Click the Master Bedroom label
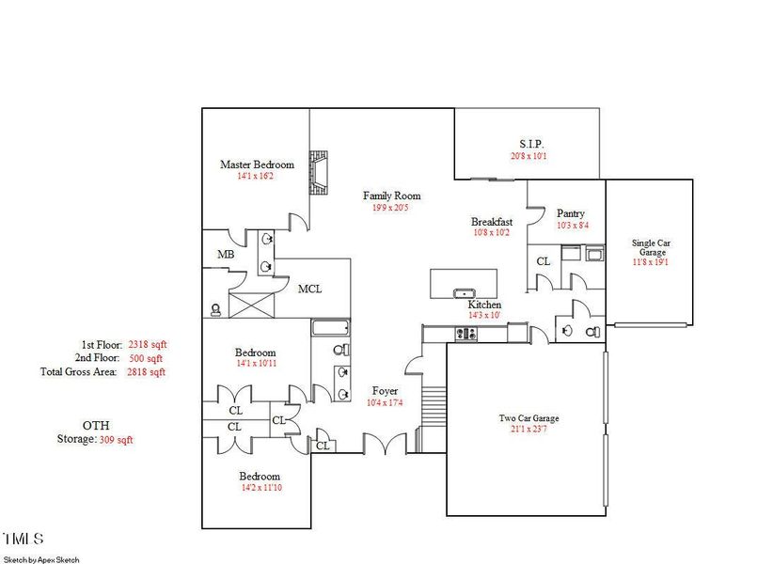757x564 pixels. pyautogui.click(x=257, y=164)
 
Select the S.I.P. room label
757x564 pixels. pyautogui.click(x=528, y=144)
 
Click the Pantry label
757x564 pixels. pyautogui.click(x=571, y=213)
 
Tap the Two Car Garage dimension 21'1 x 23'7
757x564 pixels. pyautogui.click(x=525, y=431)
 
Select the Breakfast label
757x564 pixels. pyautogui.click(x=492, y=222)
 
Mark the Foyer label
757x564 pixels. pyautogui.click(x=385, y=390)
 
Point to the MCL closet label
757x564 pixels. pyautogui.click(x=310, y=289)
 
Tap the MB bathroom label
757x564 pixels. pyautogui.click(x=226, y=255)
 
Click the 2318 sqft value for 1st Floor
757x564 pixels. pyautogui.click(x=147, y=345)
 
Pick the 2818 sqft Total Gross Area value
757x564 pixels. pyautogui.click(x=147, y=372)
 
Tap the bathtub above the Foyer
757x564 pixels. pyautogui.click(x=330, y=328)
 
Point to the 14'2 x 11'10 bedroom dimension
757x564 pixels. pyautogui.click(x=259, y=489)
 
